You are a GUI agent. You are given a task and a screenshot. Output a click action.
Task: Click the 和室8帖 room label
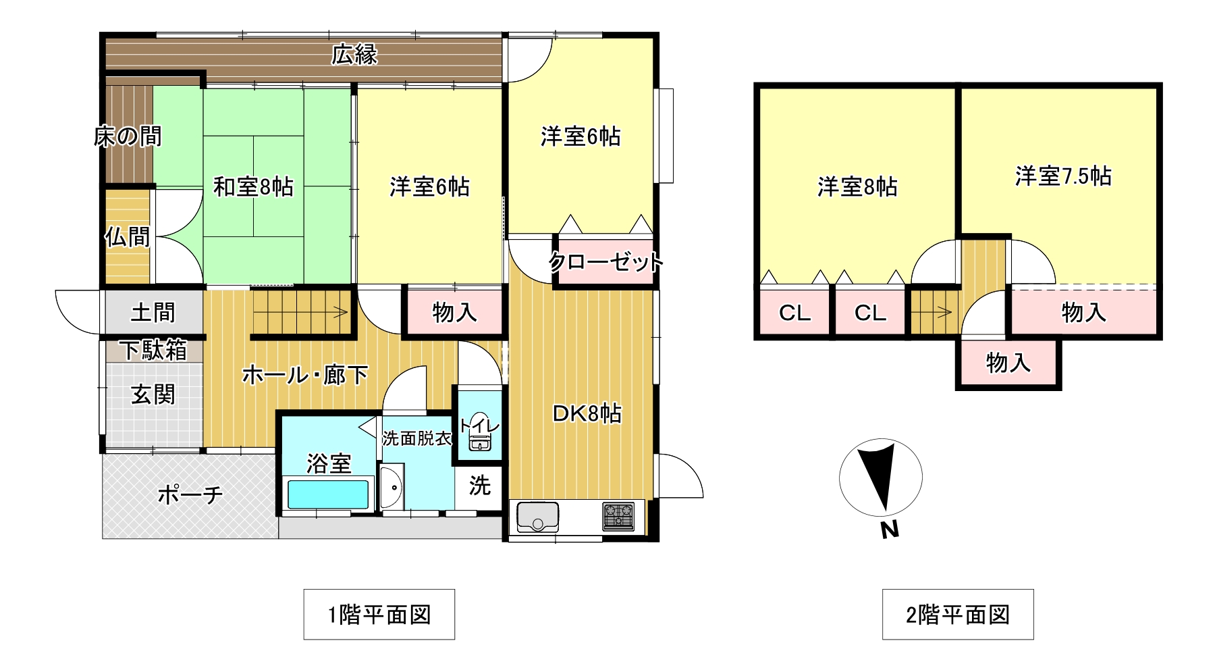[x=253, y=187]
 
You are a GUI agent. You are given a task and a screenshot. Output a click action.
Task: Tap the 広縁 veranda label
[x=354, y=55]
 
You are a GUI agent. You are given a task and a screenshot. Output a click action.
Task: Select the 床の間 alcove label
[x=128, y=137]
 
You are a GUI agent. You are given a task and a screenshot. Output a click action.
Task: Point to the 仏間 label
[x=127, y=237]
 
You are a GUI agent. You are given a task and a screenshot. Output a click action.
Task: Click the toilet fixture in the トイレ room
[x=480, y=430]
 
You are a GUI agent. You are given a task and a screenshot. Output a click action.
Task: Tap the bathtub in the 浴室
[x=328, y=494]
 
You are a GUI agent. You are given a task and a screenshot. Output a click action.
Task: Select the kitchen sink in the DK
[x=538, y=517]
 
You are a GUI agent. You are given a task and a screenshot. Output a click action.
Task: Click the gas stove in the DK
[x=619, y=516]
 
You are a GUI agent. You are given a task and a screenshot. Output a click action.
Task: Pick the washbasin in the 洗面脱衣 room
[x=391, y=487]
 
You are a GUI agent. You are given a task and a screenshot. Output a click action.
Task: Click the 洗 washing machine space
[x=479, y=485]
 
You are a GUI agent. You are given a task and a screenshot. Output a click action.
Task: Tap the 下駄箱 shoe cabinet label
[x=154, y=350]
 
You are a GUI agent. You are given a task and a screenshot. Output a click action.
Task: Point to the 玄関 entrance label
[x=153, y=394]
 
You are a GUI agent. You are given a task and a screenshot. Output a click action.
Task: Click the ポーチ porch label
[x=190, y=495]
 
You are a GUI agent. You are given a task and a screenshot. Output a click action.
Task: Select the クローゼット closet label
[x=605, y=261]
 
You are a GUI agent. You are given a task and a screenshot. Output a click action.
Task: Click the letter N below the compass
[x=890, y=530]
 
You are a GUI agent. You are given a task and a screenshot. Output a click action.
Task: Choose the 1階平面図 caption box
[x=379, y=615]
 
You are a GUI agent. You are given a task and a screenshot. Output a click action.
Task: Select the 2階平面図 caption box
[x=958, y=615]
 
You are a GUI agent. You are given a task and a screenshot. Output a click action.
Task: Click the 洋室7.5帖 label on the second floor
[x=1063, y=176]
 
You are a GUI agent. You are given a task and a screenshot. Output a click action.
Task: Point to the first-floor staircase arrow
[x=302, y=313]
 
